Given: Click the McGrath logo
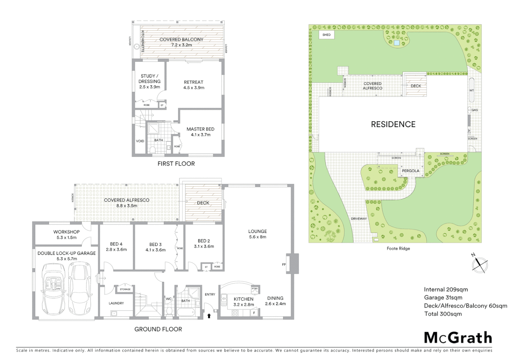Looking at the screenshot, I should pyautogui.click(x=458, y=338).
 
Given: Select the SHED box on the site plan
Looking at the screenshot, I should pyautogui.click(x=326, y=35).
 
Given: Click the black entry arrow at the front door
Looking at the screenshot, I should pyautogui.click(x=209, y=315).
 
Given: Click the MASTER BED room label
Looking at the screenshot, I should pyautogui.click(x=200, y=129).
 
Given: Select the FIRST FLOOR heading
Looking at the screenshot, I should pyautogui.click(x=176, y=164).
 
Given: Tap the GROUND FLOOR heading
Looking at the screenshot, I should pyautogui.click(x=158, y=329).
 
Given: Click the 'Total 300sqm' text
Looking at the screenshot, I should pyautogui.click(x=443, y=314).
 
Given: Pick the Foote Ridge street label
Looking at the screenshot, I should pyautogui.click(x=398, y=248).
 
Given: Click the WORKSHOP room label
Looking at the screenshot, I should pyautogui.click(x=66, y=232).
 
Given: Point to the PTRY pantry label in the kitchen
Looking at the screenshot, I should pyautogui.click(x=255, y=289).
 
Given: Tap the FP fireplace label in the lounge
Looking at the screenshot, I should pyautogui.click(x=284, y=265).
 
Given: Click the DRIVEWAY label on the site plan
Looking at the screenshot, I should pyautogui.click(x=358, y=219).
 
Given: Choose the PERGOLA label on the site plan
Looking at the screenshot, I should pyautogui.click(x=410, y=171).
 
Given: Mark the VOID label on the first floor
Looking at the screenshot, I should pyautogui.click(x=140, y=141).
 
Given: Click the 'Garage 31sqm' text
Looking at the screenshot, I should pyautogui.click(x=443, y=298).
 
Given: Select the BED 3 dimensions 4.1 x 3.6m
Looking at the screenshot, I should pyautogui.click(x=156, y=250).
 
